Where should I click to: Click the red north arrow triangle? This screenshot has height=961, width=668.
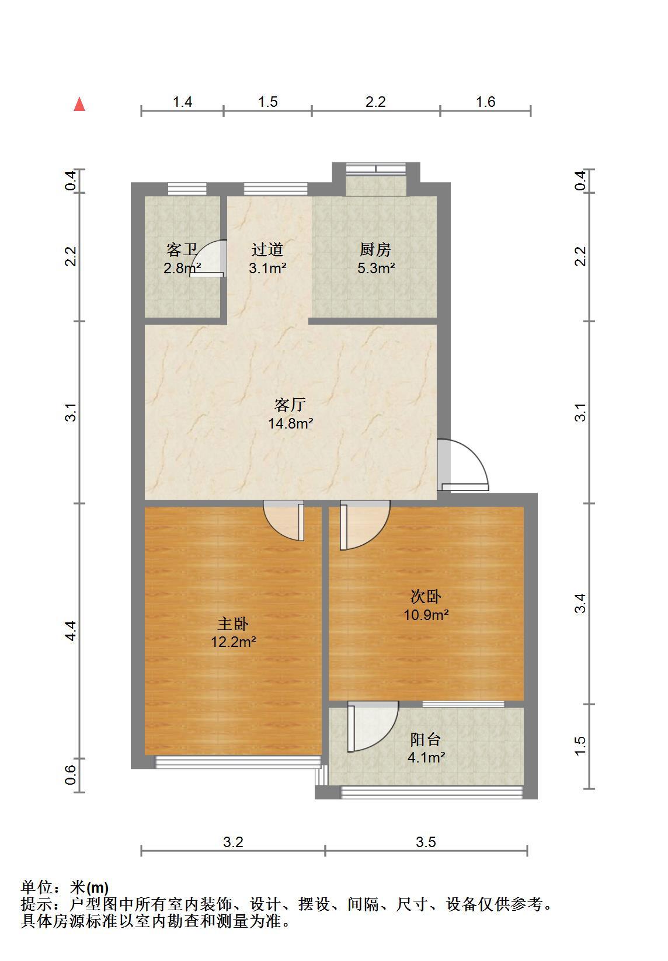pyautogui.click(x=79, y=105)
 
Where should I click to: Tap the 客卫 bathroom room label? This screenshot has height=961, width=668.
pyautogui.click(x=182, y=249)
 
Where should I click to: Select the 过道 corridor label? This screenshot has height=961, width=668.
pyautogui.click(x=267, y=249)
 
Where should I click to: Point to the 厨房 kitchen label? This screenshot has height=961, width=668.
pyautogui.click(x=375, y=249)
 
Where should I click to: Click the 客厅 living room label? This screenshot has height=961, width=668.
pyautogui.click(x=290, y=405)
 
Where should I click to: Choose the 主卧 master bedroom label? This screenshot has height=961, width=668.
pyautogui.click(x=233, y=624)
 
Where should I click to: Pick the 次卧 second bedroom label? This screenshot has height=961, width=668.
pyautogui.click(x=426, y=596)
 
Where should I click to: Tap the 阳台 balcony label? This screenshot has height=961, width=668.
pyautogui.click(x=426, y=739)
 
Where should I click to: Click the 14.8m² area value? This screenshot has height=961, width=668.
pyautogui.click(x=290, y=423)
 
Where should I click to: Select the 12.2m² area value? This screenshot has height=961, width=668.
pyautogui.click(x=234, y=642)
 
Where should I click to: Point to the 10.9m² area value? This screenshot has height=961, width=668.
pyautogui.click(x=426, y=615)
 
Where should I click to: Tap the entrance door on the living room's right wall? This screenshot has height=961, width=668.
pyautogui.click(x=462, y=465)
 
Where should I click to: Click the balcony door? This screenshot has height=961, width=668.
pyautogui.click(x=373, y=726)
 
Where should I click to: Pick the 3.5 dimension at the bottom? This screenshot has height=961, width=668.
pyautogui.click(x=426, y=842)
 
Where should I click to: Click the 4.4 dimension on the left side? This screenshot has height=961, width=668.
pyautogui.click(x=71, y=631)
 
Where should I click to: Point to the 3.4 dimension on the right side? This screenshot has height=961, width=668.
pyautogui.click(x=580, y=603)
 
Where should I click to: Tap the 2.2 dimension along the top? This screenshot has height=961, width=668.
pyautogui.click(x=375, y=102)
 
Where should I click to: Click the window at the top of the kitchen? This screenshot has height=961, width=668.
pyautogui.click(x=376, y=169)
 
